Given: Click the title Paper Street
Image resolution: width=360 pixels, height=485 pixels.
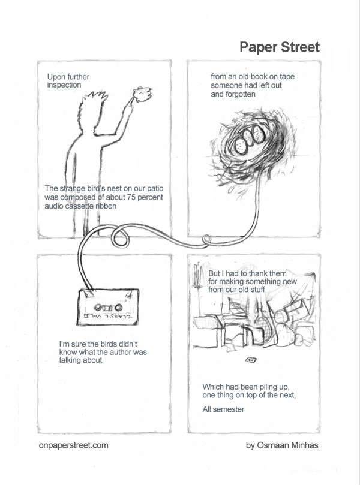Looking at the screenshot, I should click(279, 47).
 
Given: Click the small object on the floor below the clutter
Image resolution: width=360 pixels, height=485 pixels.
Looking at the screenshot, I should click(251, 360).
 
